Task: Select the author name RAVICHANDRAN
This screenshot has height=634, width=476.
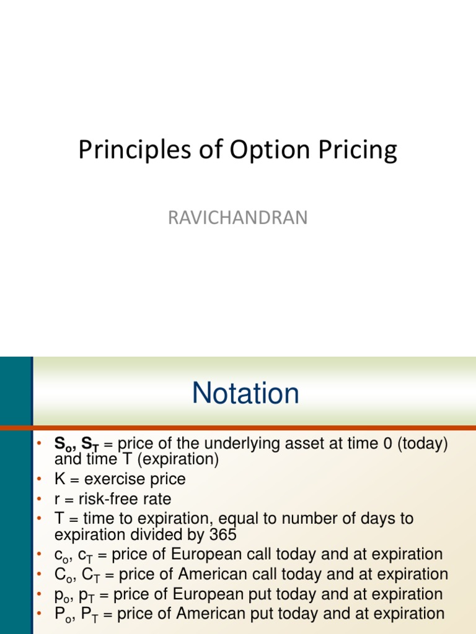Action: (238, 218)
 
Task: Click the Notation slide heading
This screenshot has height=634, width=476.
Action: (245, 394)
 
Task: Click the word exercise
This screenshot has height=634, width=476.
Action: (113, 479)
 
